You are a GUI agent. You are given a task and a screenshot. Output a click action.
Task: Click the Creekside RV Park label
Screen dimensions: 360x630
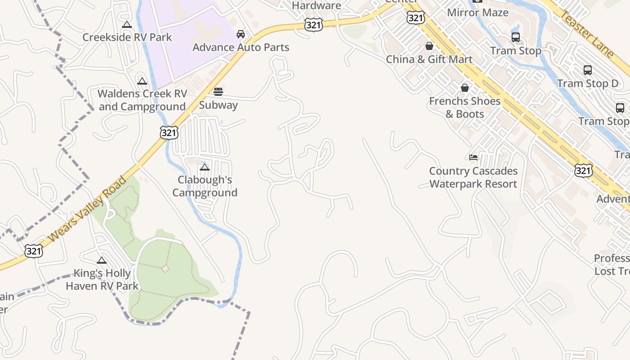[127, 37]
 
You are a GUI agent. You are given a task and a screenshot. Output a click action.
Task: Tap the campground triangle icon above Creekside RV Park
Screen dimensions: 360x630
[127, 25]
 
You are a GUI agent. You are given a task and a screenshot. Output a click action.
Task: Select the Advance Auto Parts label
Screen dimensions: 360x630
[241, 47]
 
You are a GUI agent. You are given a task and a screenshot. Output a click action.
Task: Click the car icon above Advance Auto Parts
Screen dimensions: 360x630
[241, 34]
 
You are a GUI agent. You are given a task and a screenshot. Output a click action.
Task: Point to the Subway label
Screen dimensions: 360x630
[218, 105]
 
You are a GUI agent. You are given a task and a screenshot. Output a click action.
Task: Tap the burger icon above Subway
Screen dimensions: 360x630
[218, 92]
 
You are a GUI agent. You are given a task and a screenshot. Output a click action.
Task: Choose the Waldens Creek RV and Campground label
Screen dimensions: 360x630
[142, 100]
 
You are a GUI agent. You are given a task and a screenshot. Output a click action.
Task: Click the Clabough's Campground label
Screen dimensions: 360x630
[205, 186]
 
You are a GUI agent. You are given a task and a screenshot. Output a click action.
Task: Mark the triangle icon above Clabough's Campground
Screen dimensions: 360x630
[205, 167]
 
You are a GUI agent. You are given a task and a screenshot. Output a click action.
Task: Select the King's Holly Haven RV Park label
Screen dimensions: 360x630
[102, 279]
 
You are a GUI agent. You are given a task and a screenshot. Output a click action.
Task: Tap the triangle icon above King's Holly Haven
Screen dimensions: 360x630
[102, 260]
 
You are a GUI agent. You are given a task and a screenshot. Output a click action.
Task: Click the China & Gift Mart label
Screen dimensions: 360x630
[429, 59]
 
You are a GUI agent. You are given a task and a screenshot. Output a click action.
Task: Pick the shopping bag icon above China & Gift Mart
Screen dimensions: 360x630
[429, 46]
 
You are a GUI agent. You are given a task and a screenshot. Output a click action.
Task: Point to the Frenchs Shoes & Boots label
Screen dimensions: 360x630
[465, 108]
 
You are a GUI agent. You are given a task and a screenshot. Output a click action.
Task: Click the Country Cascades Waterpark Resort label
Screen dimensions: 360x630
[473, 177]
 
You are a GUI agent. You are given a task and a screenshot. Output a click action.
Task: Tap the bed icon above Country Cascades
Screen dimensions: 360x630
[473, 157]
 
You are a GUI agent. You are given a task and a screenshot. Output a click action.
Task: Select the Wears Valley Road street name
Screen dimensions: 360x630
[88, 209]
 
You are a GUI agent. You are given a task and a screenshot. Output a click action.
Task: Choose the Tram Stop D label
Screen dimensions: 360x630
[588, 84]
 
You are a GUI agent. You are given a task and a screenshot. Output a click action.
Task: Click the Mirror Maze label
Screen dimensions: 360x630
[478, 13]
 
